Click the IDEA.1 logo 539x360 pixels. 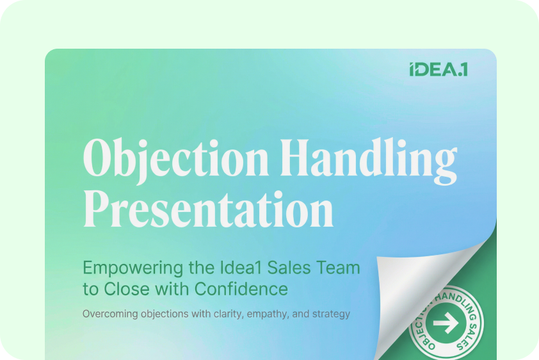coord(438,69)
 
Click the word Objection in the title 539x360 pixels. coord(175,160)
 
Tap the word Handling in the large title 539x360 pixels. coord(369,160)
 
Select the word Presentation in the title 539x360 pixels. coord(208,209)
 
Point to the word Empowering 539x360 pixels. coord(133,268)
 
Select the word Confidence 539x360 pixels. coord(241,289)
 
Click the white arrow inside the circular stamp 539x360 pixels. coord(446,323)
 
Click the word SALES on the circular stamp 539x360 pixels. coord(469,335)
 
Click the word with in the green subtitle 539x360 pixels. coord(172,289)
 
